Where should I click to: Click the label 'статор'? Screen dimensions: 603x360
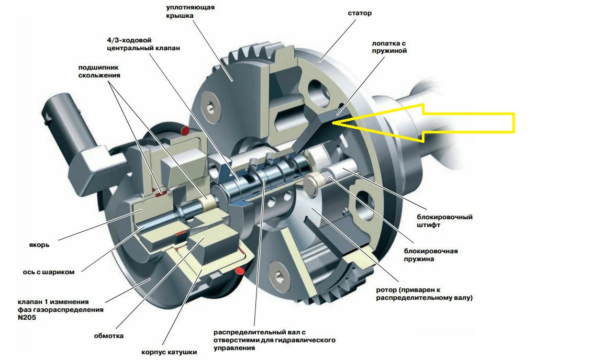point(360,13)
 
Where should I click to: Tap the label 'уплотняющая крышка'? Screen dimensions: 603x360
point(191,12)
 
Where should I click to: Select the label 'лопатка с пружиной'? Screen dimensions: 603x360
point(389,47)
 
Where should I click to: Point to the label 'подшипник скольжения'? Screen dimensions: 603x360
point(99,72)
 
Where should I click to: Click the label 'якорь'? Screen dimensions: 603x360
point(39,245)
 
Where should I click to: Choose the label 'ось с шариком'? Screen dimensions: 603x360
point(49,272)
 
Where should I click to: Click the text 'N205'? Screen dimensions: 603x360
point(27,318)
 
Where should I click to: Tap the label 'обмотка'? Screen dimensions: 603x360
point(109,336)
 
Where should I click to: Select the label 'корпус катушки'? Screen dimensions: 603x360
point(169,352)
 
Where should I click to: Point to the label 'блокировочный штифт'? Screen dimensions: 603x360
point(444,221)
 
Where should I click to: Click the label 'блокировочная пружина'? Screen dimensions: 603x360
point(431,255)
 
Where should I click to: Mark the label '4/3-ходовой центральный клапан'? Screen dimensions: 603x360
point(143,44)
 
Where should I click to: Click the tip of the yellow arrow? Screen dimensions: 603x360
point(331,122)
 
